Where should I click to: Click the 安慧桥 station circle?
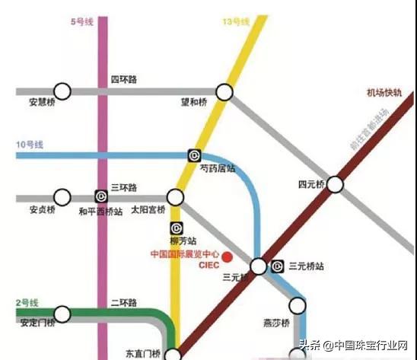pyautogui.click(x=62, y=92)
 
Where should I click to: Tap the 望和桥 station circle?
pyautogui.click(x=224, y=92)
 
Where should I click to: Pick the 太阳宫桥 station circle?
pyautogui.click(x=176, y=197)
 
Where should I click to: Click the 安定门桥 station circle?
pyautogui.click(x=62, y=313)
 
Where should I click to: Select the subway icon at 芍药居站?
pyautogui.click(x=193, y=155)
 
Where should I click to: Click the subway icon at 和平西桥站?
pyautogui.click(x=100, y=197)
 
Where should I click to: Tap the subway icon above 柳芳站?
pyautogui.click(x=176, y=227)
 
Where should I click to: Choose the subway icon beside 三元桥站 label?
pyautogui.click(x=278, y=266)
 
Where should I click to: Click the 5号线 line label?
pyautogui.click(x=82, y=23)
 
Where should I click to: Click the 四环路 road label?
pyautogui.click(x=123, y=80)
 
